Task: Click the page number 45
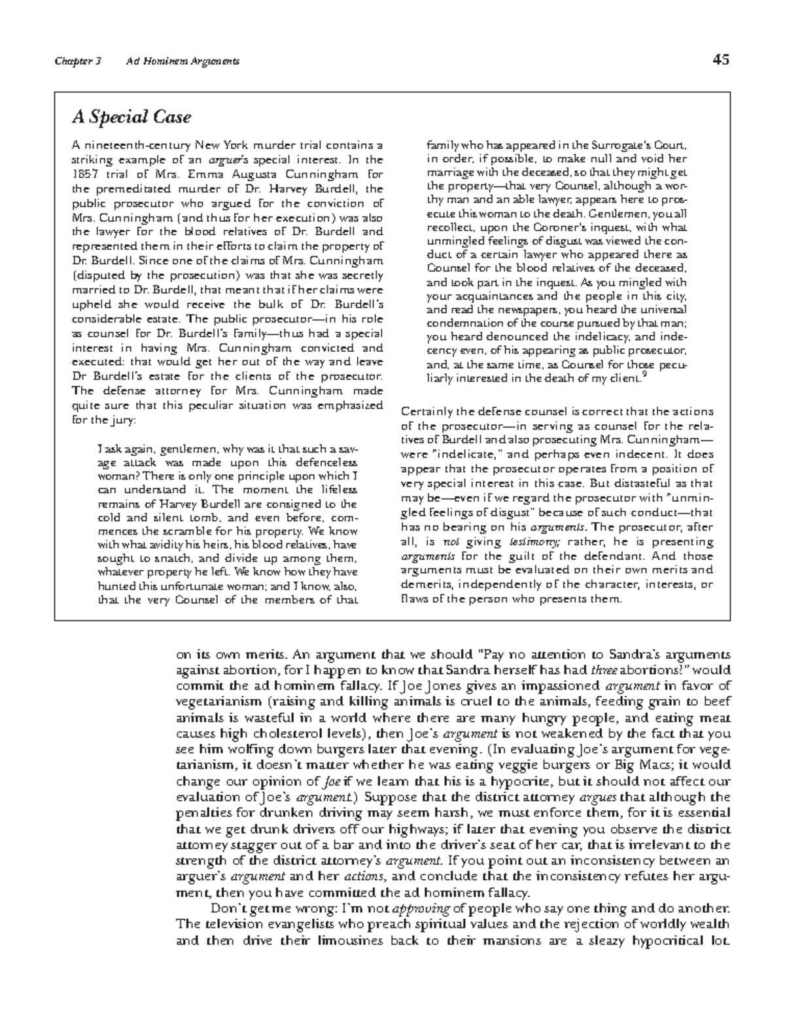point(722,60)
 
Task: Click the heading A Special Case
point(131,118)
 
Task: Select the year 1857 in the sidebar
point(84,174)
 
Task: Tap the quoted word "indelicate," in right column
point(474,454)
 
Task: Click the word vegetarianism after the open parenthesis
point(210,702)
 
